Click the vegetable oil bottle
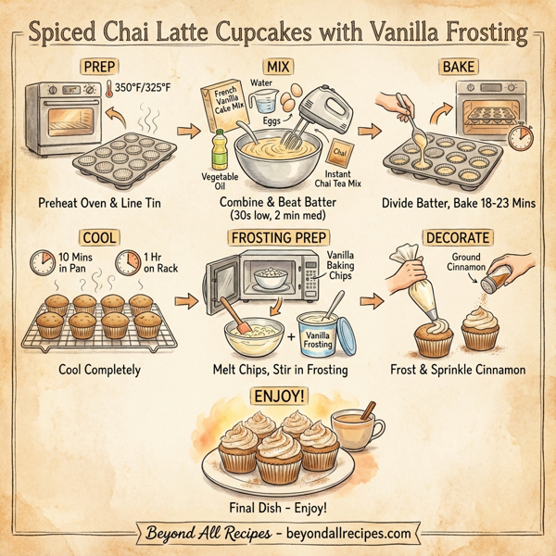219,148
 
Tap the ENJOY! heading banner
278,398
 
